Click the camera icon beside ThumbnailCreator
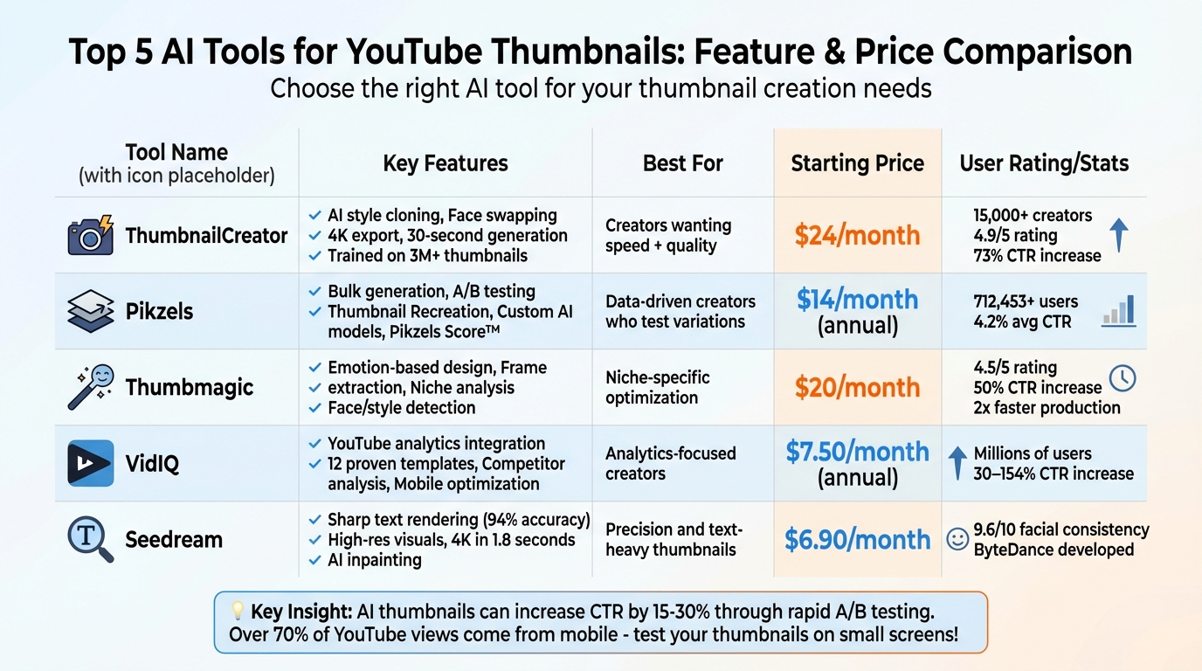coord(91,236)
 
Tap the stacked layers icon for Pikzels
coord(91,311)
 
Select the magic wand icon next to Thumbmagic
coord(91,387)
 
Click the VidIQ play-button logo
coord(91,463)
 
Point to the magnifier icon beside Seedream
coord(91,538)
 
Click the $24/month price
coord(857,235)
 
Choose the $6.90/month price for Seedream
coord(857,539)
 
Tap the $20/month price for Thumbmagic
coord(857,387)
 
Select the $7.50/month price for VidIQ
coord(857,452)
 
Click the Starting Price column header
coord(857,163)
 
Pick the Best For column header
coord(682,163)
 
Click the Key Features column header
coord(446,163)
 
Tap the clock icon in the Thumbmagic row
coord(1122,377)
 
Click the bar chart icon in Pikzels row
coord(1119,310)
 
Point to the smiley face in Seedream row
coord(957,539)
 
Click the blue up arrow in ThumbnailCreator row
coord(1118,235)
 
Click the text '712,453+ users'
coord(1026,301)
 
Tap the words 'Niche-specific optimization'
coord(657,387)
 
